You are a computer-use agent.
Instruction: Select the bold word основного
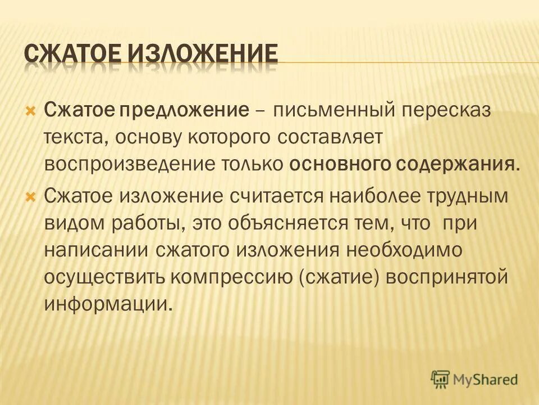click(x=331, y=164)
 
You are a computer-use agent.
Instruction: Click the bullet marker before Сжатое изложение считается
click(x=31, y=195)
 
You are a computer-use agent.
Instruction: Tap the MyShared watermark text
click(x=486, y=380)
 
